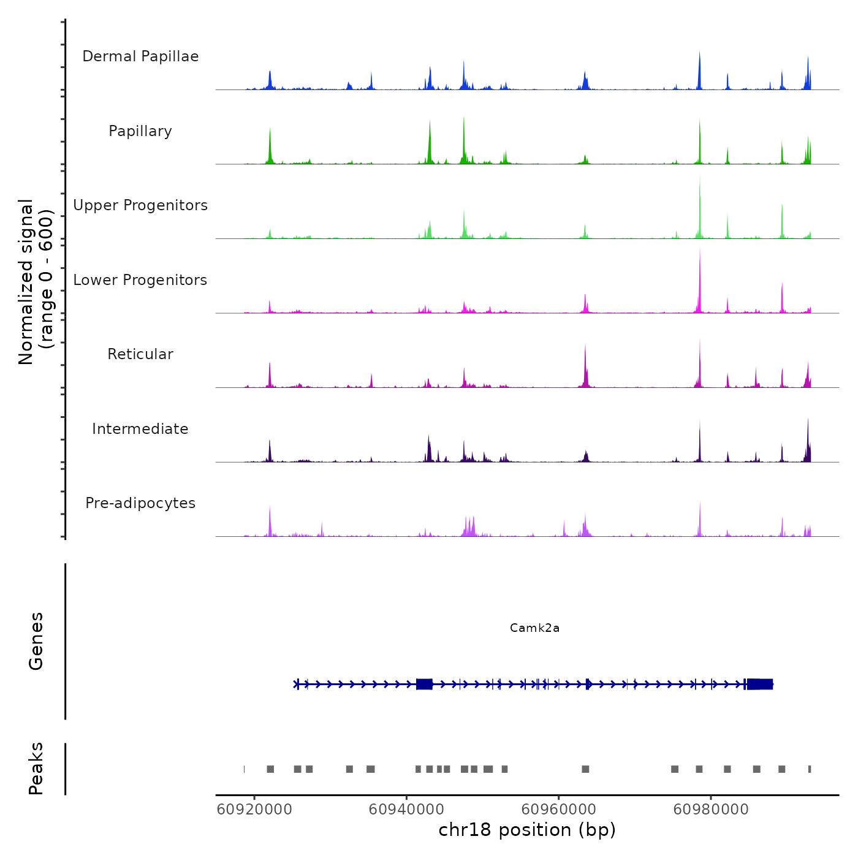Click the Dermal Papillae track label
140,56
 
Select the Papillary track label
140,131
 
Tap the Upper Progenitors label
140,205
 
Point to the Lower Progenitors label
140,280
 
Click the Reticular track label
140,354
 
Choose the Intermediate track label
140,429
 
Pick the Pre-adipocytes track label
140,503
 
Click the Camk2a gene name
534,628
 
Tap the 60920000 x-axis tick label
254,810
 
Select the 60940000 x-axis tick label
406,810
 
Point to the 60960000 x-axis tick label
559,810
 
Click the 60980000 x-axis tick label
711,810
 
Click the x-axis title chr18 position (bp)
527,830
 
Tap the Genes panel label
36,641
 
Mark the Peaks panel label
36,769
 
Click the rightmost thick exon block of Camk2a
760,685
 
